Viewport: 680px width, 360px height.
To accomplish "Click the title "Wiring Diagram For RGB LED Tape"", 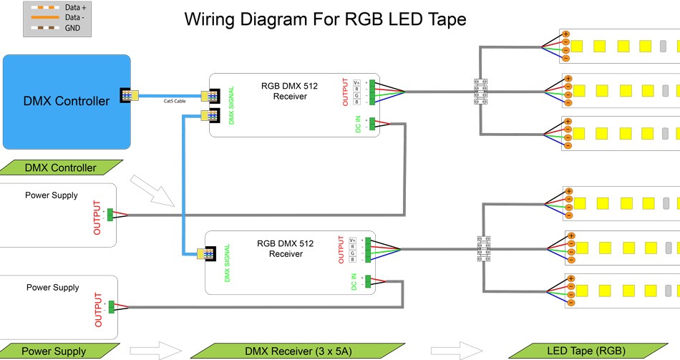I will coord(325,19).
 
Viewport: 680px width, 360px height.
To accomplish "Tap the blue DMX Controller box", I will coord(67,101).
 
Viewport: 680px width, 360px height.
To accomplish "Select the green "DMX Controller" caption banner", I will coord(61,168).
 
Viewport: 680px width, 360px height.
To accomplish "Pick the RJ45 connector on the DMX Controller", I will coord(131,94).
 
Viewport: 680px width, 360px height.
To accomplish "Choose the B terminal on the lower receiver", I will coord(352,259).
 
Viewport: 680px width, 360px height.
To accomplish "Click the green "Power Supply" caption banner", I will coord(53,351).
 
